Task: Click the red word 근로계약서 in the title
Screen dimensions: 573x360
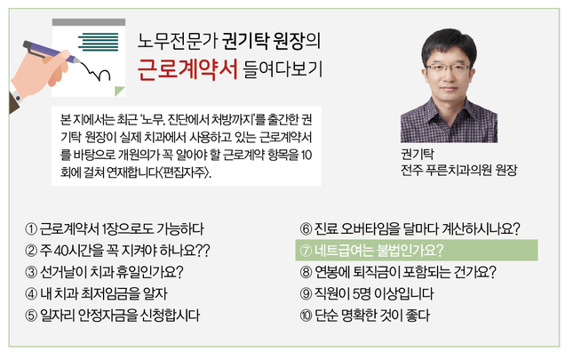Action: point(187,69)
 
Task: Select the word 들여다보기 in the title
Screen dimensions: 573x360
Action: point(283,69)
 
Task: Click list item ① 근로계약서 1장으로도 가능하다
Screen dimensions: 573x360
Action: point(115,228)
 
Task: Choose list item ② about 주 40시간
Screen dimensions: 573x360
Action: point(117,251)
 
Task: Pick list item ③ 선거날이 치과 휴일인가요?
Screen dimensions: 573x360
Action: point(104,272)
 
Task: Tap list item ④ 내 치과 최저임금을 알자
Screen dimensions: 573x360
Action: point(96,293)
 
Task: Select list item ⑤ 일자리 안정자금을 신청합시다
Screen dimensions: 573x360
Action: point(112,315)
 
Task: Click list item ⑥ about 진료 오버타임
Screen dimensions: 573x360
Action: point(410,228)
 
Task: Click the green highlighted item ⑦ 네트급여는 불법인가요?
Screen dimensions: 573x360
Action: point(417,251)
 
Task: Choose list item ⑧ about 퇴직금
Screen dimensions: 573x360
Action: point(398,272)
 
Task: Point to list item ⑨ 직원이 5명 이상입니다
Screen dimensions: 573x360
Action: point(367,293)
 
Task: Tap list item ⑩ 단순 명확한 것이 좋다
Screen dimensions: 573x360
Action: point(365,315)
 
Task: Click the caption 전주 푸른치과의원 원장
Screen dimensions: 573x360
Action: point(458,170)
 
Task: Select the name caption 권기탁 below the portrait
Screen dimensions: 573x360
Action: point(417,154)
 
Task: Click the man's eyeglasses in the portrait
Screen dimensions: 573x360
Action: point(448,68)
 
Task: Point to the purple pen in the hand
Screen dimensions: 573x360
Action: point(51,52)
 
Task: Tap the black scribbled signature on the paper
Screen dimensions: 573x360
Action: point(96,72)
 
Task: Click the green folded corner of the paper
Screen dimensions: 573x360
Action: point(119,91)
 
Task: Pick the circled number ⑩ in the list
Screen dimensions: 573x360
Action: point(306,316)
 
